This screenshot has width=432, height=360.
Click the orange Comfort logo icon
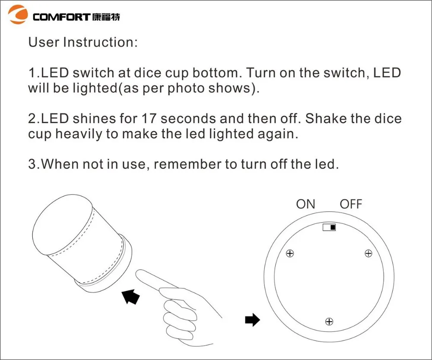[x=18, y=14]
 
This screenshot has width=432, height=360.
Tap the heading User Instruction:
[x=83, y=42]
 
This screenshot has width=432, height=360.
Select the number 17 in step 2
[x=149, y=118]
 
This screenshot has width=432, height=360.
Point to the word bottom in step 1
[x=217, y=73]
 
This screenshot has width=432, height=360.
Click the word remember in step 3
[x=187, y=164]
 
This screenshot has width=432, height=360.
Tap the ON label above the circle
[x=305, y=204]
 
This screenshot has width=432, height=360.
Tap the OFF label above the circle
[x=351, y=204]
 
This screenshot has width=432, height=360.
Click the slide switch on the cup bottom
[x=329, y=227]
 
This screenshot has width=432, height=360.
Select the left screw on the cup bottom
[x=290, y=253]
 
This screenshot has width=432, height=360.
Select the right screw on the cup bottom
[x=368, y=253]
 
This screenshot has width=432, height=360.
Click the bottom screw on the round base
[x=329, y=322]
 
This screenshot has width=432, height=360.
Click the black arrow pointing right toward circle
[x=252, y=320]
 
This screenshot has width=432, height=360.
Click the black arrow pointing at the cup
[x=130, y=296]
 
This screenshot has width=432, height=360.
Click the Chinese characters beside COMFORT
[x=106, y=17]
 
